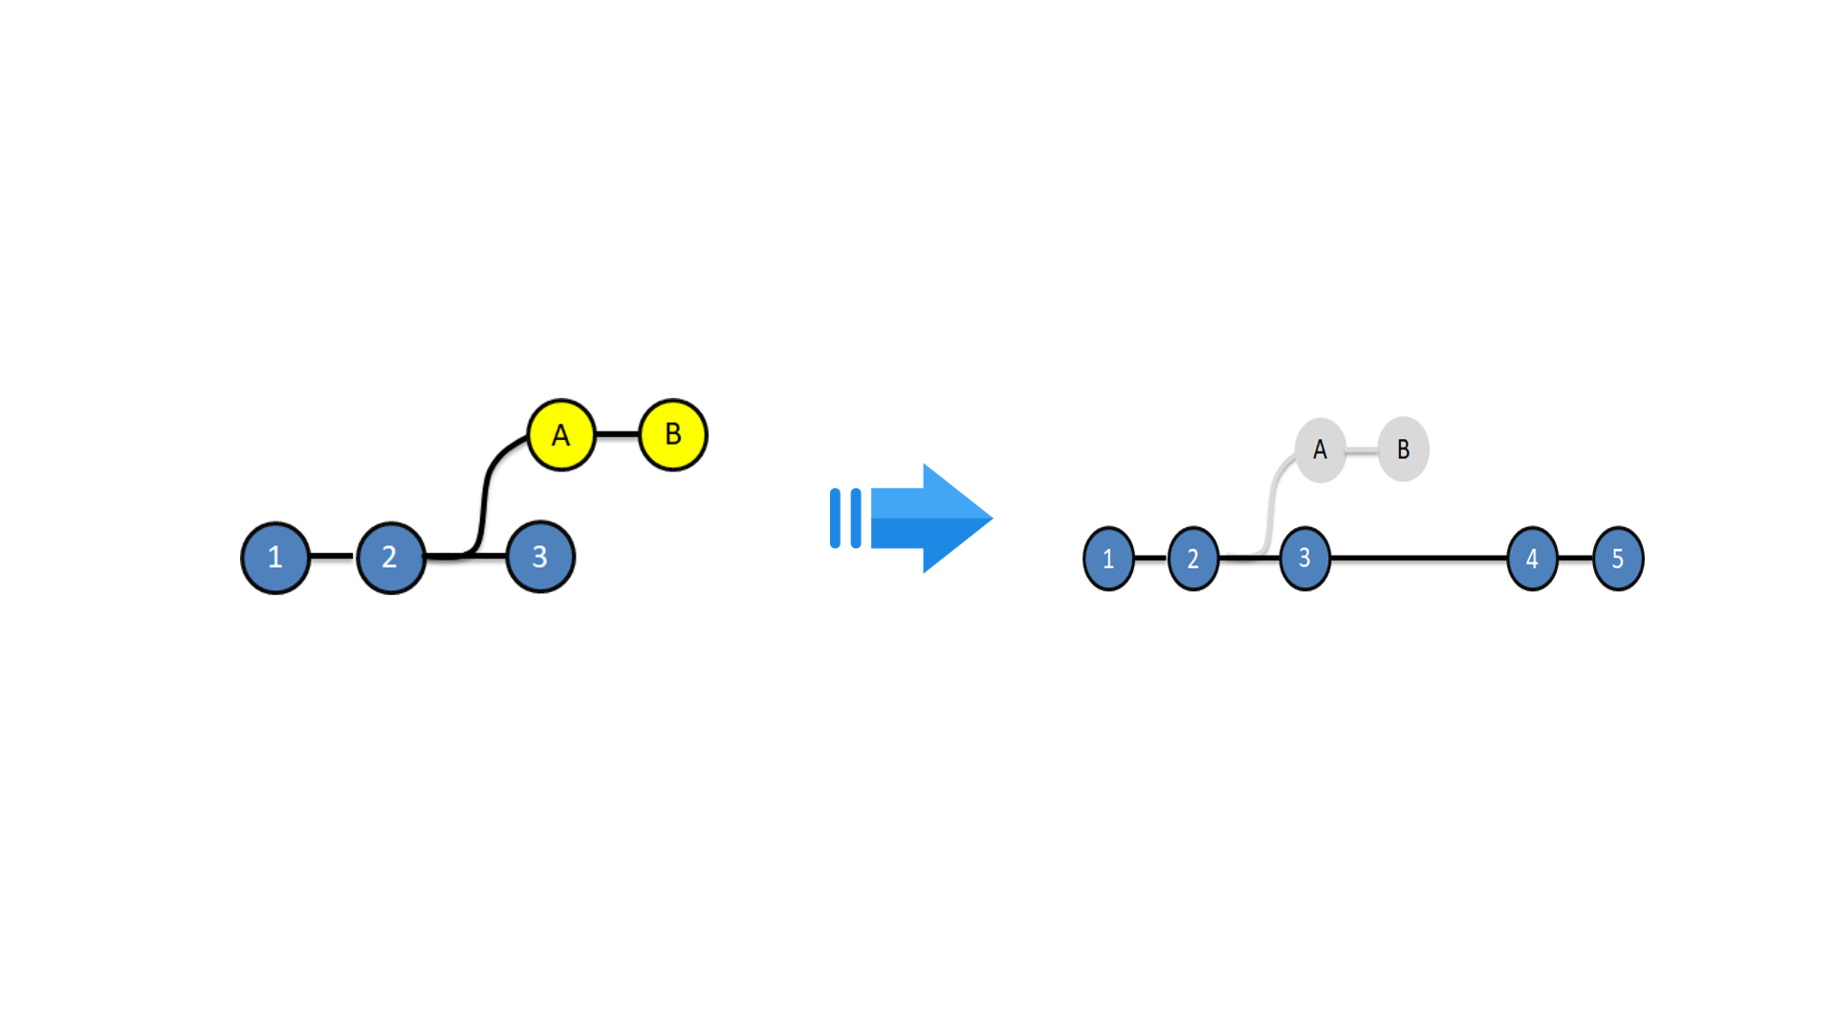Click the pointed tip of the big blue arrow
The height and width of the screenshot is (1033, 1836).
pyautogui.click(x=993, y=518)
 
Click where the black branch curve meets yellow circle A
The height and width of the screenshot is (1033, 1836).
pyautogui.click(x=529, y=438)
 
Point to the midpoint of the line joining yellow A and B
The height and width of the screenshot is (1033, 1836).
pyautogui.click(x=617, y=434)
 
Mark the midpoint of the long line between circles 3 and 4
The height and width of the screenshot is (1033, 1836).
pyautogui.click(x=1419, y=558)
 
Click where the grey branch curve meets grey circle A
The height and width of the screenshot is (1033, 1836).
pyautogui.click(x=1296, y=459)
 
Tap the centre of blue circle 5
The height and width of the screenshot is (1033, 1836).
pyautogui.click(x=1618, y=559)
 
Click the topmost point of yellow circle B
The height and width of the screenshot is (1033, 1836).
pyautogui.click(x=673, y=399)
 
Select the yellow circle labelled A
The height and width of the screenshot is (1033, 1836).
pyautogui.click(x=561, y=435)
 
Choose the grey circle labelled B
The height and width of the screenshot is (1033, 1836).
pyautogui.click(x=1404, y=450)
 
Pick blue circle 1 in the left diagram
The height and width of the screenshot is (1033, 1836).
pyautogui.click(x=275, y=558)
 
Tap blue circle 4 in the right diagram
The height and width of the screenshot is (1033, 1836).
pyautogui.click(x=1532, y=559)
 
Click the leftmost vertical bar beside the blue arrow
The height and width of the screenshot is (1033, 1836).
pyautogui.click(x=835, y=518)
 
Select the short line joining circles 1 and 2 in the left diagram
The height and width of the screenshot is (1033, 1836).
pyautogui.click(x=333, y=556)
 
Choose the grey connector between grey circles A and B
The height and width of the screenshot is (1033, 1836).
pyautogui.click(x=1362, y=451)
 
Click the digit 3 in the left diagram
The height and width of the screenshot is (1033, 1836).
pyautogui.click(x=540, y=557)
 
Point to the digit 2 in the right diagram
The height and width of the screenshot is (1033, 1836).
pyautogui.click(x=1193, y=560)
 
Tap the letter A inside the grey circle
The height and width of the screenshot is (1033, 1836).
pyautogui.click(x=1321, y=450)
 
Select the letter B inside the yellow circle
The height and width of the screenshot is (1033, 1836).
pyautogui.click(x=673, y=434)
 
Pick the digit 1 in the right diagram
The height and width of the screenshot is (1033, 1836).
pyautogui.click(x=1108, y=560)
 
